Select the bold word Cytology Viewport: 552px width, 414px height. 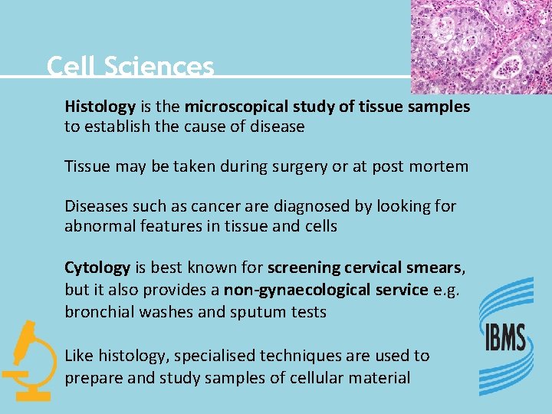pyautogui.click(x=97, y=268)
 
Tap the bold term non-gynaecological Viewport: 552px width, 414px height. pyautogui.click(x=325, y=290)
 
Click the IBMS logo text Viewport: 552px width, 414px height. pyautogui.click(x=504, y=338)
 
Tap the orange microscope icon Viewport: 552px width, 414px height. pyautogui.click(x=28, y=360)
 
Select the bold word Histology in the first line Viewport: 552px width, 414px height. pyautogui.click(x=100, y=107)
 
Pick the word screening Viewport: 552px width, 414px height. pyautogui.click(x=304, y=268)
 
